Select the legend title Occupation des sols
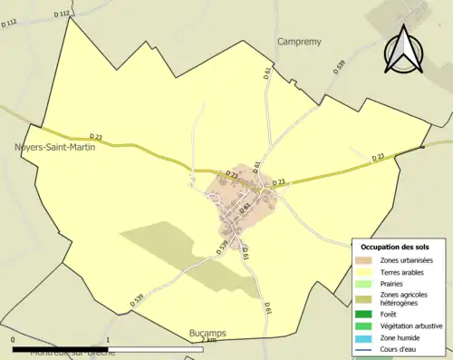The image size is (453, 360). pos(396,247)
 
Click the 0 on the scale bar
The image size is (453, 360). pos(13,340)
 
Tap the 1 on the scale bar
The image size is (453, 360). pos(108,340)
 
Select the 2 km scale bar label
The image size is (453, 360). pos(207,340)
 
